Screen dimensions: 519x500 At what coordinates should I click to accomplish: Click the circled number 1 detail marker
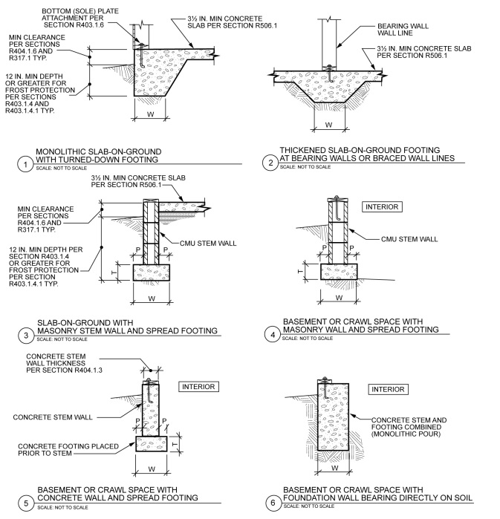[x=26, y=164]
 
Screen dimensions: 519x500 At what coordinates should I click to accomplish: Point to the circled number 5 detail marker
[x=26, y=503]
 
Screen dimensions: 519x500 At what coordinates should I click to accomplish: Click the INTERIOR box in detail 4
[x=381, y=206]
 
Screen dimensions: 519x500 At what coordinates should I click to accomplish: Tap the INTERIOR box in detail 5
[x=197, y=387]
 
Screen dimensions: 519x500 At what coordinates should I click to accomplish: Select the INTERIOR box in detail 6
[x=388, y=389]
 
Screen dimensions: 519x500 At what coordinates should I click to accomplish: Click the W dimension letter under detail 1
[x=151, y=114]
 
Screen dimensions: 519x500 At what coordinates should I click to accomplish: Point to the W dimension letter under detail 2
[x=328, y=123]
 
